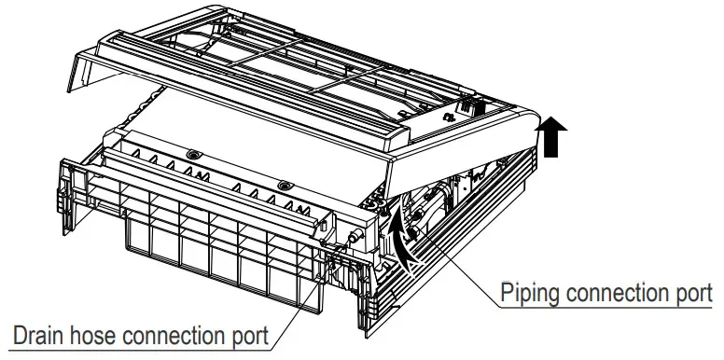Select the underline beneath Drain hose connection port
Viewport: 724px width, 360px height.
click(x=140, y=349)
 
